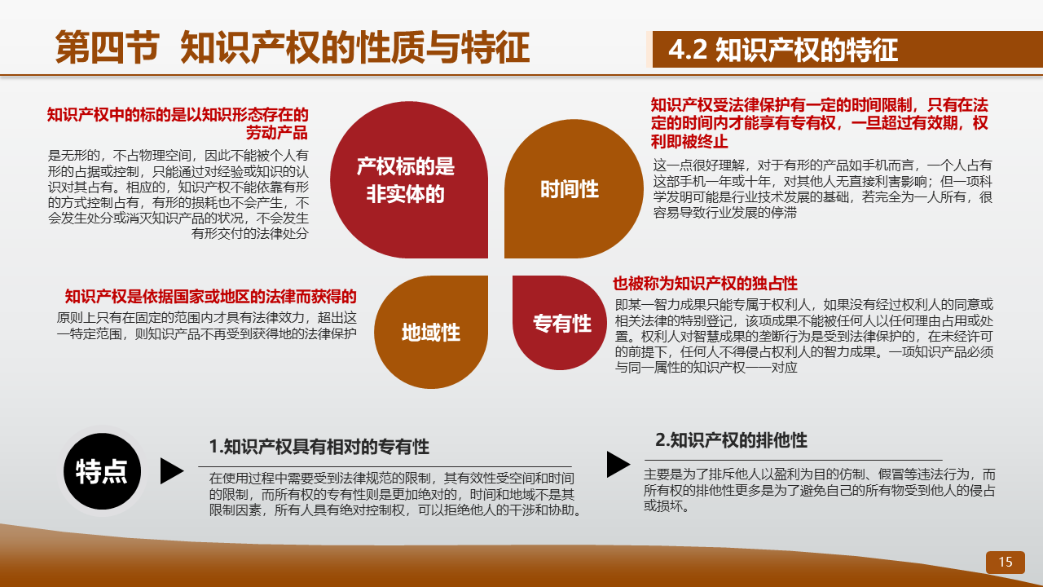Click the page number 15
(x=1006, y=562)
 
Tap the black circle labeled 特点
(x=102, y=471)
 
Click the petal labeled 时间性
(x=574, y=188)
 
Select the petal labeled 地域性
(x=431, y=332)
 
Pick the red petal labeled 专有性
(x=560, y=323)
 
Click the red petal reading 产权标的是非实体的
(x=409, y=180)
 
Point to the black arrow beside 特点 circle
(x=172, y=471)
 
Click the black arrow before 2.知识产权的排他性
(x=618, y=464)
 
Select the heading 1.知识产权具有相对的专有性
(x=319, y=446)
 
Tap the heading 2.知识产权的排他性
(x=731, y=440)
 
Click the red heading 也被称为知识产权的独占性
(x=705, y=283)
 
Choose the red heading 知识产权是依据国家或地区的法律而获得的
(x=210, y=296)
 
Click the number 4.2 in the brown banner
(x=688, y=50)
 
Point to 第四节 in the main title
(x=107, y=47)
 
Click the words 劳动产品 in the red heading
(x=276, y=133)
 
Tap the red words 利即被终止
(x=689, y=141)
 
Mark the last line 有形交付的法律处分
(x=250, y=233)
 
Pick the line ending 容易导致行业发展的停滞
(x=725, y=213)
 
